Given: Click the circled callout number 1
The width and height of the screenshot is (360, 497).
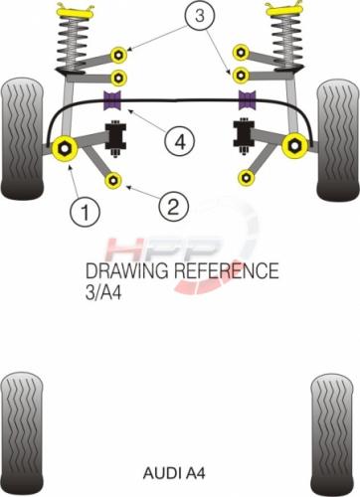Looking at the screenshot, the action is (x=85, y=212).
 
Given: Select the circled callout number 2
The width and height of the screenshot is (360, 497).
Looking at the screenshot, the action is (x=174, y=207).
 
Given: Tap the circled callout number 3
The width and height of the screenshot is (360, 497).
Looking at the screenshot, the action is (x=200, y=15).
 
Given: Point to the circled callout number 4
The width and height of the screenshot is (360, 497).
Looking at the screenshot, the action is (x=179, y=142).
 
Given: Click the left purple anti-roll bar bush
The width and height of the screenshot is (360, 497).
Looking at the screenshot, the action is (x=112, y=100).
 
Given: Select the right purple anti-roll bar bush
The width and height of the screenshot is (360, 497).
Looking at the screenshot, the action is (x=248, y=99).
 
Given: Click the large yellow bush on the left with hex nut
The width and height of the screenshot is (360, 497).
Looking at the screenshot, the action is (x=65, y=148).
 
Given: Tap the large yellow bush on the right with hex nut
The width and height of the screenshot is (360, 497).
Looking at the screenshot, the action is (x=295, y=145).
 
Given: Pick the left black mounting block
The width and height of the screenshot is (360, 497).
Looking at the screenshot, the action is (x=115, y=138).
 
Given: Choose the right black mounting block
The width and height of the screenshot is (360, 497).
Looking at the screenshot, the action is (x=244, y=136).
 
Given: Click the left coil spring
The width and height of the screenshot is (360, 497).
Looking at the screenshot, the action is (x=72, y=43).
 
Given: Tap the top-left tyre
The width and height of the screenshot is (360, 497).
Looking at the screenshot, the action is (x=23, y=139).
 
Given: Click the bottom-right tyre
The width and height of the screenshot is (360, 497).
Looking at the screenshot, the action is (x=332, y=435).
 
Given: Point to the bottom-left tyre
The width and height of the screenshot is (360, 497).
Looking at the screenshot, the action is (x=22, y=434).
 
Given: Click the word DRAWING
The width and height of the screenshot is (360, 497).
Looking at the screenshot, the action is (x=127, y=271).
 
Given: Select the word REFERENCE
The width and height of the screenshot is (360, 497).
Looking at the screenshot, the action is (x=226, y=270).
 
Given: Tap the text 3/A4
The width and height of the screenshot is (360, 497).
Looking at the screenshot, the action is (x=103, y=293).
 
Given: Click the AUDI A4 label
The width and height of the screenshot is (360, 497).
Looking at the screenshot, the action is (x=174, y=473).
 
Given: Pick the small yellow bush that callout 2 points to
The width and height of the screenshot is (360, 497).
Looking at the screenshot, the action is (x=113, y=180).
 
